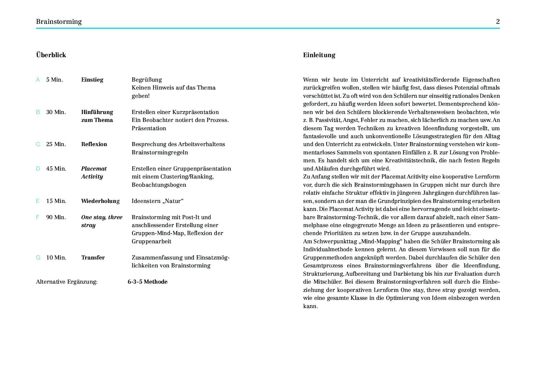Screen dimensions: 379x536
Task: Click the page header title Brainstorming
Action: point(59,22)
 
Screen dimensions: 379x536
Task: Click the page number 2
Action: point(498,22)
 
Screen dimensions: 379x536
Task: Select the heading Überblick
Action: point(51,55)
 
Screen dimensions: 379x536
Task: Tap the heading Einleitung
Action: point(319,55)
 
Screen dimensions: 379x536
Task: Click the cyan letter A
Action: point(38,80)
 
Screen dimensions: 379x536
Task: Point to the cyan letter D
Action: point(38,169)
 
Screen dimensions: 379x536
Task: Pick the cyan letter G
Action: point(38,258)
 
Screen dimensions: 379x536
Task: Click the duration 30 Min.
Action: point(56,112)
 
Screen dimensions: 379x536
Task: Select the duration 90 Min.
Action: point(56,217)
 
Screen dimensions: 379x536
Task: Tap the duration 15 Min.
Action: point(56,201)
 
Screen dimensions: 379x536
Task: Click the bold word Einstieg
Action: point(92,80)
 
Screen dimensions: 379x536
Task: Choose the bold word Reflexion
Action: point(94,144)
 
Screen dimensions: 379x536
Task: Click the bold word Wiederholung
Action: point(100,201)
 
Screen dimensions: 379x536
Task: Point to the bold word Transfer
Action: point(93,258)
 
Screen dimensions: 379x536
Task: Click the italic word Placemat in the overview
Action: point(94,169)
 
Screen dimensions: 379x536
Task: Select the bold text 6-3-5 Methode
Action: point(147,282)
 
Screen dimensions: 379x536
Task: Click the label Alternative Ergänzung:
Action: point(67,282)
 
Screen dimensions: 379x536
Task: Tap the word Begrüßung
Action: point(147,80)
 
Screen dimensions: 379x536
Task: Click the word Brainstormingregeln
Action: point(160,153)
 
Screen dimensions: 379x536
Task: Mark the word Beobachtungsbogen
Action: point(159,185)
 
